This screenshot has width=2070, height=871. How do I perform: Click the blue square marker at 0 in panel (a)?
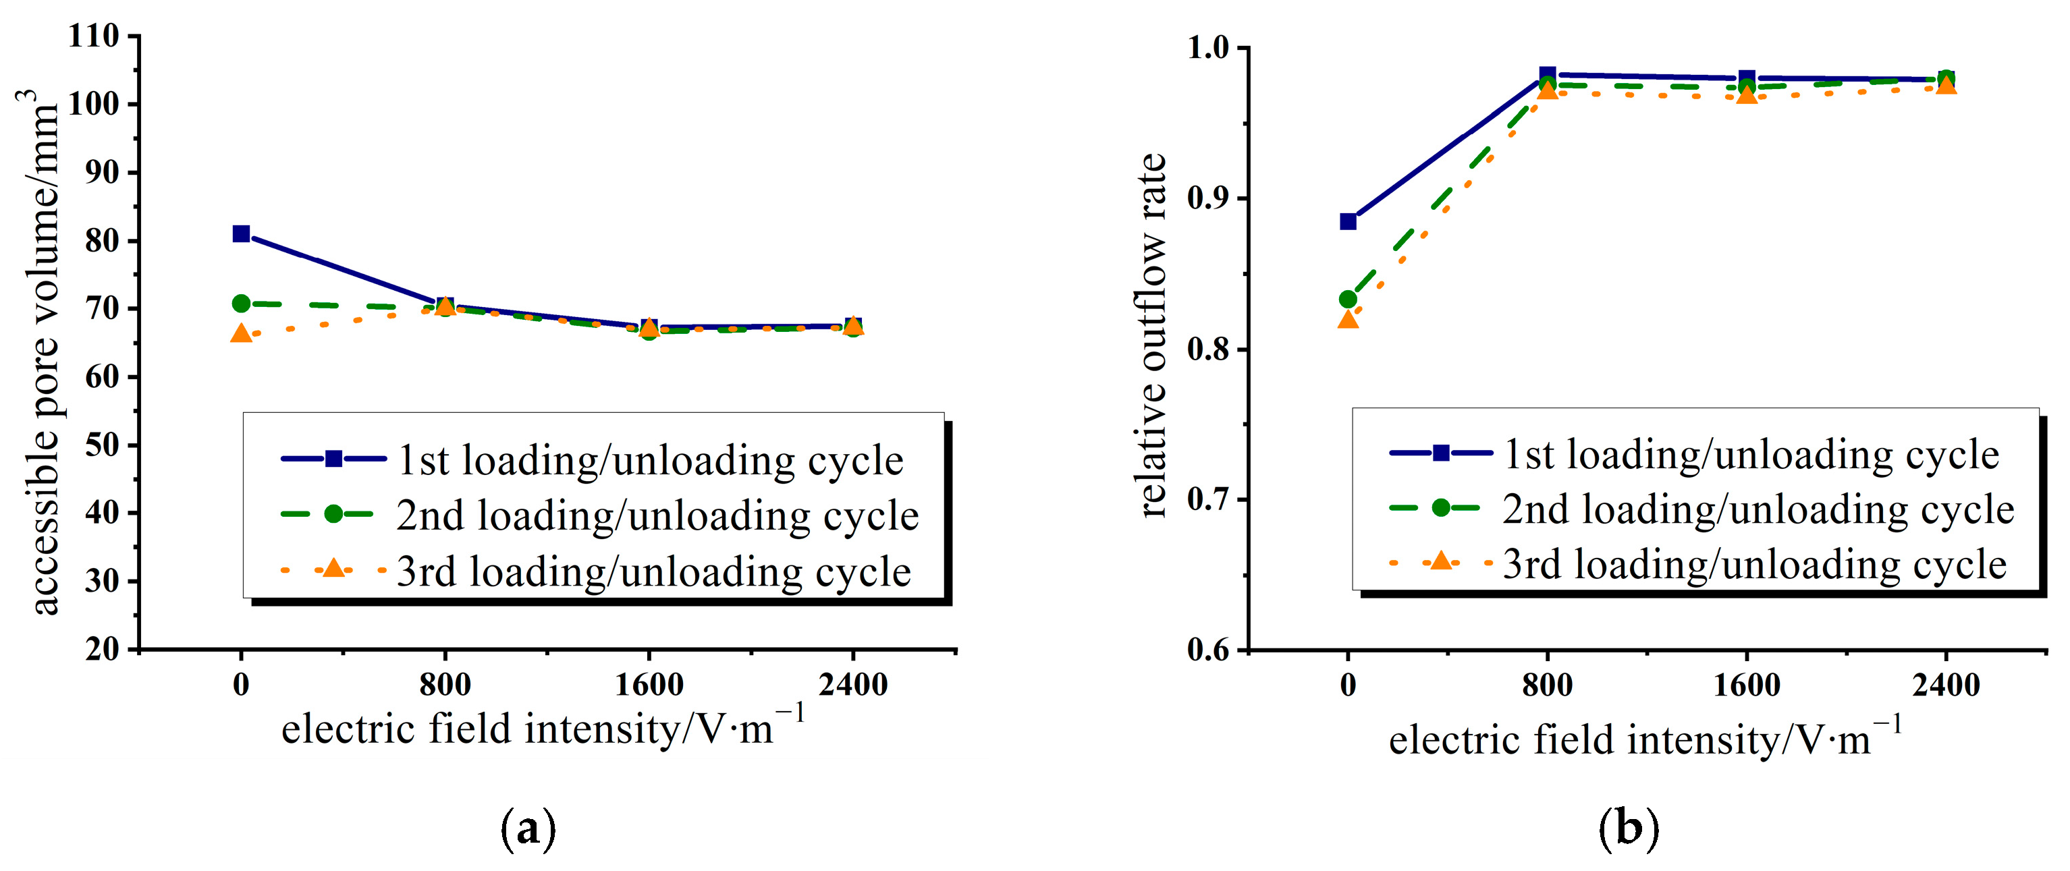click(x=241, y=234)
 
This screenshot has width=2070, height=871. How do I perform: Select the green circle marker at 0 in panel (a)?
click(x=241, y=304)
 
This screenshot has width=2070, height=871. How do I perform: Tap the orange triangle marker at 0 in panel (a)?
click(x=241, y=333)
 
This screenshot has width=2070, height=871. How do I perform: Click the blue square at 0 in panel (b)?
click(x=1349, y=221)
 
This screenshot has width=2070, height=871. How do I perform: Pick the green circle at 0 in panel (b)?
click(x=1349, y=300)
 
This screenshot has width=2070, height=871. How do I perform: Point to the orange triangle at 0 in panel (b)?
click(x=1349, y=320)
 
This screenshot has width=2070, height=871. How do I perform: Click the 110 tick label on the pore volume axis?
click(x=94, y=36)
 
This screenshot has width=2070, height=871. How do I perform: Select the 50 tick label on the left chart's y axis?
click(x=102, y=445)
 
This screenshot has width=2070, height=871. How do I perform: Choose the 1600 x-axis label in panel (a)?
click(x=649, y=685)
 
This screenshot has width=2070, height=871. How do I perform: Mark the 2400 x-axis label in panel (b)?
click(x=1945, y=685)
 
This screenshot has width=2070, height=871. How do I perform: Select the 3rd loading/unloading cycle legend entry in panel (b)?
click(x=1754, y=564)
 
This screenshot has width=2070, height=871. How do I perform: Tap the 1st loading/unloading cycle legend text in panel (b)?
click(x=1751, y=455)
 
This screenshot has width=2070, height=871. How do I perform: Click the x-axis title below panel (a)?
click(x=543, y=728)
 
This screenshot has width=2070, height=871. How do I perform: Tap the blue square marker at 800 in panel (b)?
click(x=1548, y=75)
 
